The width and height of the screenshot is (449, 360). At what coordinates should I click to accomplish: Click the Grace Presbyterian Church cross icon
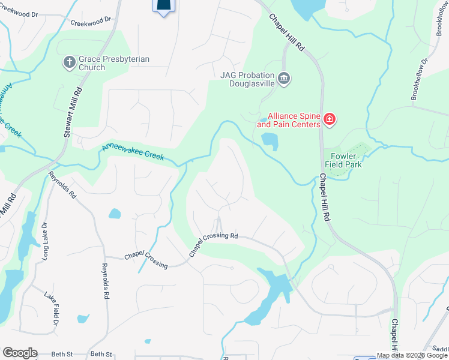click(69, 61)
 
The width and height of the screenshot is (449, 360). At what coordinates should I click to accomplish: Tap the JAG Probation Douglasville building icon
click(285, 77)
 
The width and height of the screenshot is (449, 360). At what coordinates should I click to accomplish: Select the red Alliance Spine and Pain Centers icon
click(329, 120)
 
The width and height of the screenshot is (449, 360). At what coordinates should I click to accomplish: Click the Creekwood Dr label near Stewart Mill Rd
click(91, 22)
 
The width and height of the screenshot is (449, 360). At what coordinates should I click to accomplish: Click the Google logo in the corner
click(19, 353)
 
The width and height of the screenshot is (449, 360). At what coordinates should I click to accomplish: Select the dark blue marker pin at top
click(164, 6)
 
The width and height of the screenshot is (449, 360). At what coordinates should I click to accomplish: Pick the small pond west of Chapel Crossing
click(114, 214)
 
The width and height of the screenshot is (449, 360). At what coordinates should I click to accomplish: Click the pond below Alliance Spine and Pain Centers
click(270, 142)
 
